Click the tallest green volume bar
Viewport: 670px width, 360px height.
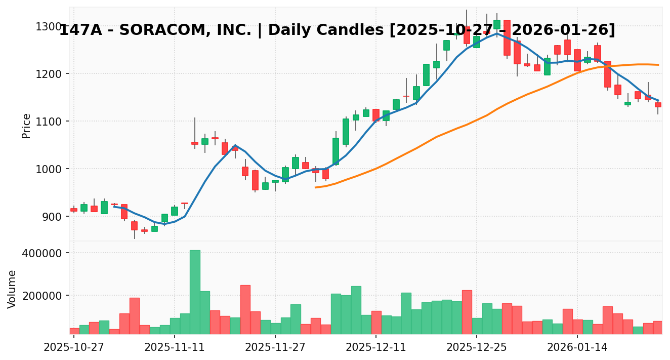pos(195,292)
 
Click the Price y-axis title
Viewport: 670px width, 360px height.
pos(26,126)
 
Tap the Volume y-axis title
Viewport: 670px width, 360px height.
pos(12,289)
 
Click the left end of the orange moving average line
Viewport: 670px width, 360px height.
pos(315,187)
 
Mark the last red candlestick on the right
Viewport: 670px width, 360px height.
pos(658,105)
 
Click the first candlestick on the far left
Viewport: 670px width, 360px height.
pos(74,210)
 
